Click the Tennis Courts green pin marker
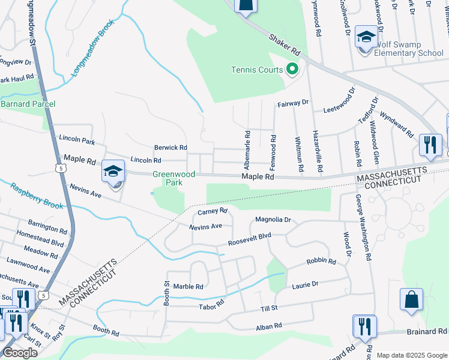[x=292, y=70]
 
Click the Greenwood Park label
[x=166, y=178]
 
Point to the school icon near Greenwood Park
[x=113, y=172]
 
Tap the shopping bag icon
[x=411, y=299]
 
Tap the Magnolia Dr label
[x=273, y=220]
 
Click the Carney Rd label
[x=212, y=211]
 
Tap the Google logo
[x=20, y=353]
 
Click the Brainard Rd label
[x=426, y=331]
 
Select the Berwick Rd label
[x=170, y=147]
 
